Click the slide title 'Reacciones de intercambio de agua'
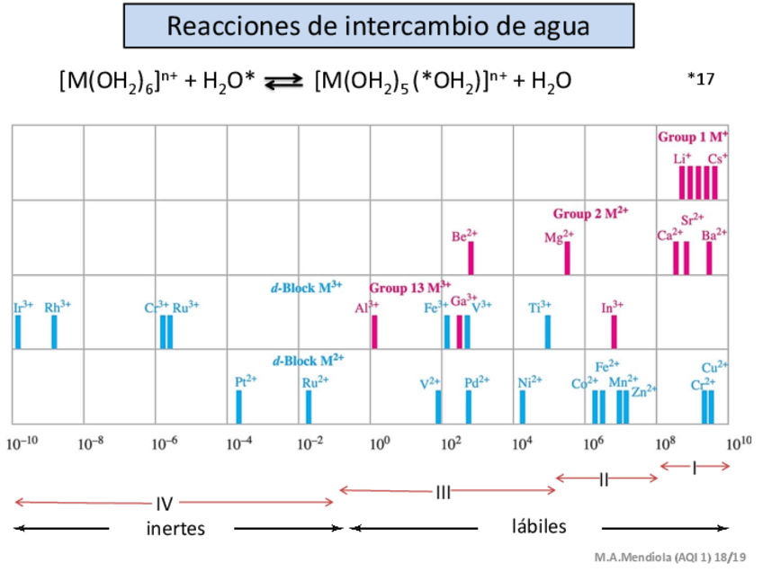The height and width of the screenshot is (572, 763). [x=378, y=25]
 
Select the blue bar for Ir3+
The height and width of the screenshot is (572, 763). [x=17, y=332]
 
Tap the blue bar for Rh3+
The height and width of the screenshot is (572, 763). [x=54, y=332]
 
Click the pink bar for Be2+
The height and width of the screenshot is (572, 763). [x=471, y=258]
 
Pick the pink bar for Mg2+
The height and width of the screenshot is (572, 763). [x=567, y=258]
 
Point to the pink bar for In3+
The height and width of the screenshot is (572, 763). [x=615, y=332]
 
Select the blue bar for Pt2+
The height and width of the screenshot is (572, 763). [x=239, y=407]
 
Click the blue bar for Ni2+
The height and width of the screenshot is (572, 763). [x=522, y=407]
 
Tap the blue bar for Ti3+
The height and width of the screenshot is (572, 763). [x=547, y=332]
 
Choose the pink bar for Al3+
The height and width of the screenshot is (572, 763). [x=374, y=332]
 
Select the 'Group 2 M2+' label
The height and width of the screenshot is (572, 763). [x=590, y=214]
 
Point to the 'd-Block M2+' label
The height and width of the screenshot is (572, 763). [x=308, y=361]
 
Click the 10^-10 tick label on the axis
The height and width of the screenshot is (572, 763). [x=22, y=442]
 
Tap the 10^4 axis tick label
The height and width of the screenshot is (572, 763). [x=522, y=442]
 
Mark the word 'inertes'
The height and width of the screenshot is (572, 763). [x=175, y=528]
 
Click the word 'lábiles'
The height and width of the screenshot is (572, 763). [x=539, y=526]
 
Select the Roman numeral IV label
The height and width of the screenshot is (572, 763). [x=165, y=504]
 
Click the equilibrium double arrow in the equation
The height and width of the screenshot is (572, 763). [x=284, y=83]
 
